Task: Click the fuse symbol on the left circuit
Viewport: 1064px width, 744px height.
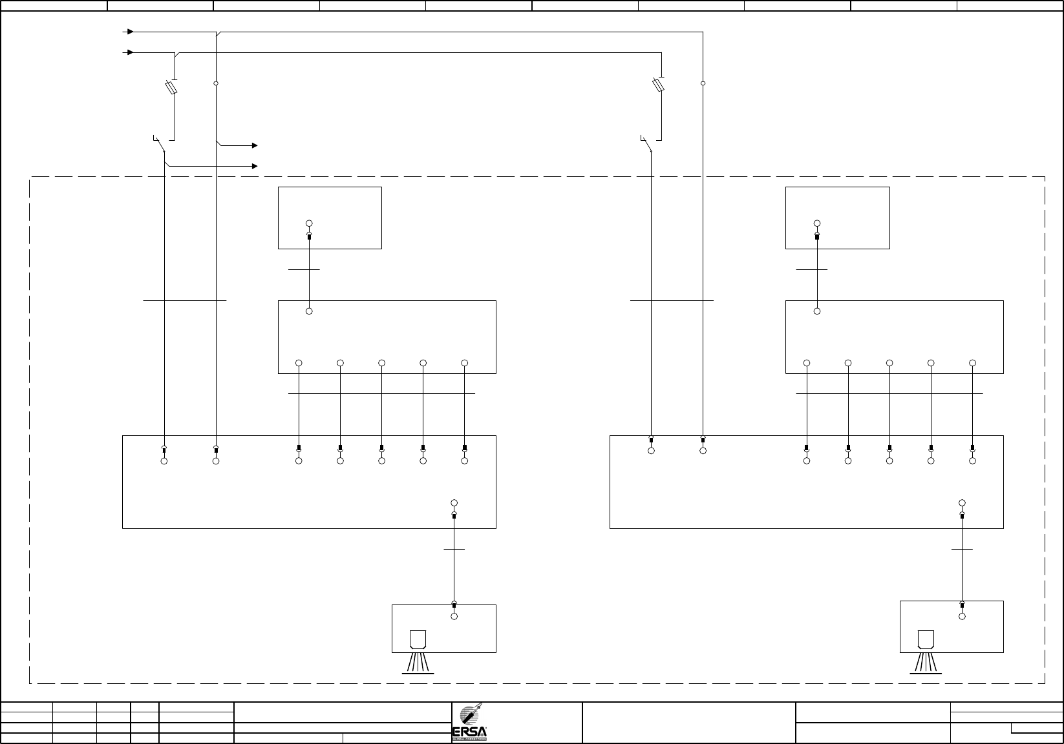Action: [172, 87]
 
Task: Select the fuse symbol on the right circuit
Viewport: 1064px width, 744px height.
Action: [659, 85]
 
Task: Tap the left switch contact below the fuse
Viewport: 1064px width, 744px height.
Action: [160, 144]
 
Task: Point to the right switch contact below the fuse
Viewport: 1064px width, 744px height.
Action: [646, 144]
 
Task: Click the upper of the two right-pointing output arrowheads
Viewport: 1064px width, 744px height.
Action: [255, 146]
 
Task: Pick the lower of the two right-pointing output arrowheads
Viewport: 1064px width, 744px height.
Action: [255, 167]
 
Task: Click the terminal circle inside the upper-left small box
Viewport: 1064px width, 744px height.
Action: [309, 223]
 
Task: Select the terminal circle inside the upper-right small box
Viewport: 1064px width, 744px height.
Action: [817, 223]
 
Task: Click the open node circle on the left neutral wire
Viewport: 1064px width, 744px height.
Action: [216, 83]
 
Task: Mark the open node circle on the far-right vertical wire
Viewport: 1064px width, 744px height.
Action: [703, 83]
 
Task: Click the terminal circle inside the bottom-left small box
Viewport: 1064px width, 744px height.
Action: [454, 617]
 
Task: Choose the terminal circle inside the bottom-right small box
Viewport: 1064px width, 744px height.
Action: [962, 617]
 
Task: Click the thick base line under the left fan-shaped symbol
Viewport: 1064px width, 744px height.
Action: [418, 673]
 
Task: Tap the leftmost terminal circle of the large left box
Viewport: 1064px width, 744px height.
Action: [164, 461]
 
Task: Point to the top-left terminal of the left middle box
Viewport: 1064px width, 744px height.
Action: [309, 311]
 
